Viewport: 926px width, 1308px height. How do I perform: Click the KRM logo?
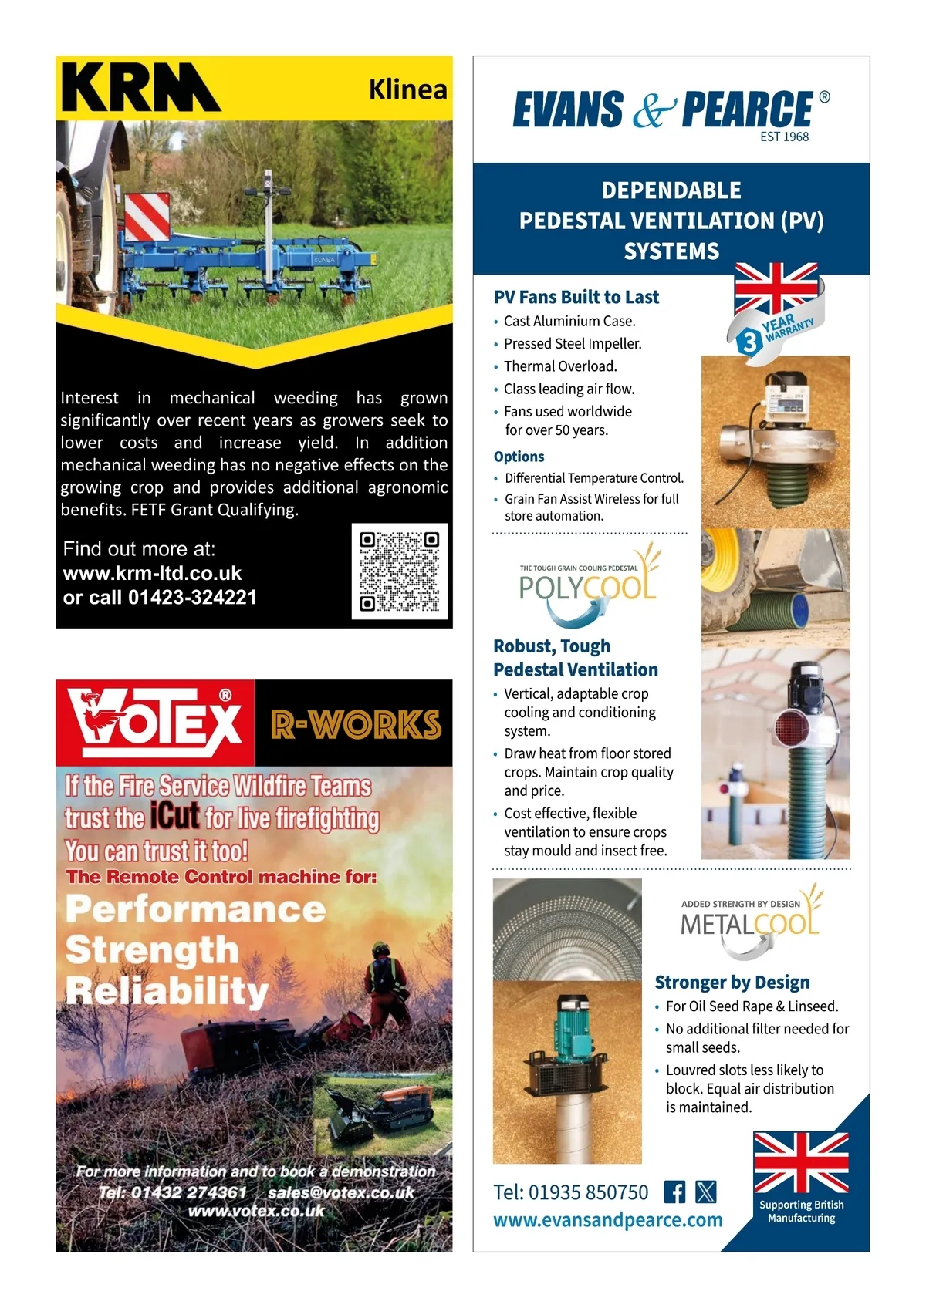click(x=140, y=88)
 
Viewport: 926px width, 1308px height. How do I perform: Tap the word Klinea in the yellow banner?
click(x=407, y=89)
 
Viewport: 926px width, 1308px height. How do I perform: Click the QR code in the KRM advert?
click(x=400, y=571)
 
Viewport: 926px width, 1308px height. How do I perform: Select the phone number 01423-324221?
click(x=192, y=598)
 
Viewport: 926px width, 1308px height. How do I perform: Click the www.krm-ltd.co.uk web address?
click(x=153, y=574)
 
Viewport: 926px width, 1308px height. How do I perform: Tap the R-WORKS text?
click(x=356, y=724)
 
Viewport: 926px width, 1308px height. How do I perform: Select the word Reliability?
click(x=167, y=990)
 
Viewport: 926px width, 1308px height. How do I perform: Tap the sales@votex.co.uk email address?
click(x=341, y=1192)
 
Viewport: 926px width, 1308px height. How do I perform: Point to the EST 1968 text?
click(x=784, y=137)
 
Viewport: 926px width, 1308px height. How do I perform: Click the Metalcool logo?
click(x=749, y=921)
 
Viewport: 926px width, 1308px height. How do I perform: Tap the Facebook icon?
click(x=674, y=1192)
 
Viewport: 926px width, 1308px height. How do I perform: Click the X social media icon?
click(x=706, y=1192)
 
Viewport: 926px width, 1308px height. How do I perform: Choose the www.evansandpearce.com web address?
click(x=608, y=1220)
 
